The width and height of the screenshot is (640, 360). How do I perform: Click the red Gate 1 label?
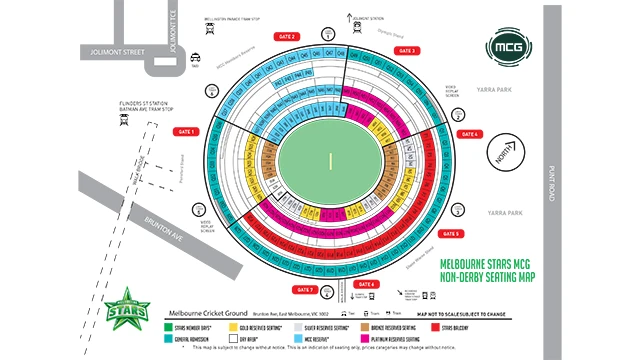pyautogui.click(x=185, y=131)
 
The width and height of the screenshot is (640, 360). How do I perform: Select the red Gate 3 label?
pyautogui.click(x=406, y=50)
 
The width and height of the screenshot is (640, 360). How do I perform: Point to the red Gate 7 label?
pyautogui.click(x=305, y=290)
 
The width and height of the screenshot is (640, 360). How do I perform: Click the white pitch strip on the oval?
pyautogui.click(x=329, y=160)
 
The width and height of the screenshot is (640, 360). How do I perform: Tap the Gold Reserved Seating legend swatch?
pyautogui.click(x=232, y=327)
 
